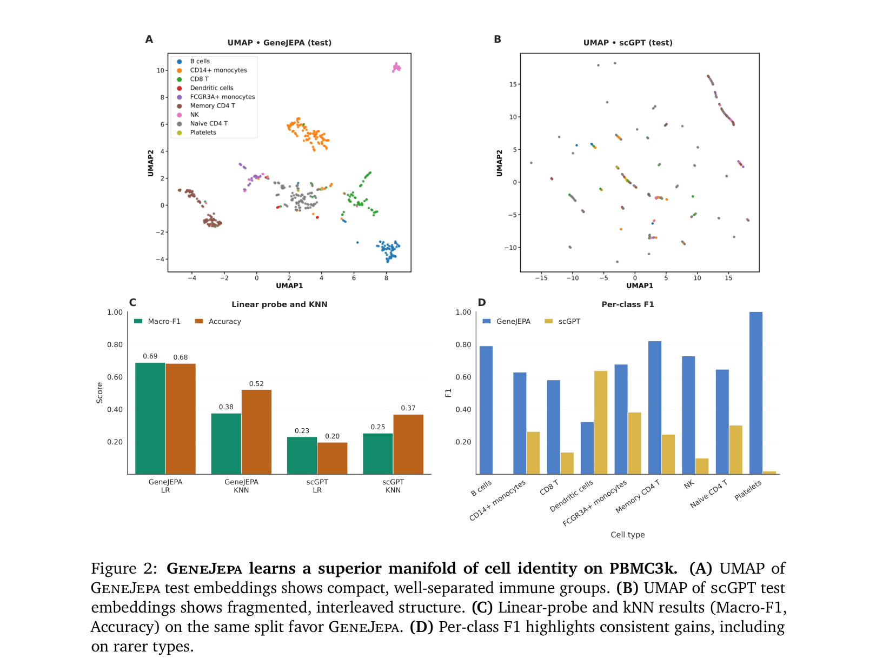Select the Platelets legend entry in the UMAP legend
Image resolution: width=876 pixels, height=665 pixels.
point(197,132)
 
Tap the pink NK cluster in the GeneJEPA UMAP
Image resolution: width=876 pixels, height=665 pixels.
point(396,67)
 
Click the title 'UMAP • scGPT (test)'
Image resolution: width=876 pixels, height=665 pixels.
point(627,43)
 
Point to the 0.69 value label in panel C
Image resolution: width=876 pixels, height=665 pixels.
point(150,356)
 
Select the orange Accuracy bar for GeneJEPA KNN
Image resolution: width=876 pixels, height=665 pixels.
point(256,431)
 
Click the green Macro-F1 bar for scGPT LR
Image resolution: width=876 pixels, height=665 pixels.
point(302,455)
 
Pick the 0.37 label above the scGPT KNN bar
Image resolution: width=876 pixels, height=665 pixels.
point(408,408)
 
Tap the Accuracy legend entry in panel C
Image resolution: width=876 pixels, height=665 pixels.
point(218,321)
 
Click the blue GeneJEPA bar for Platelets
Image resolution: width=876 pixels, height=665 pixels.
point(755,393)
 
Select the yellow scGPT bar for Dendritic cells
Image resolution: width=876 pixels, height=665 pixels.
point(600,422)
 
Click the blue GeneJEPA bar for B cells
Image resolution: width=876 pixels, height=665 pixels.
point(486,410)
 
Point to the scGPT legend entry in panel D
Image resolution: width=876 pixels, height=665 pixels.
point(562,321)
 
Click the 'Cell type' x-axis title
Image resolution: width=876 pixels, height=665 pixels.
point(627,534)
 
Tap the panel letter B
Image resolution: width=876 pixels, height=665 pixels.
point(497,39)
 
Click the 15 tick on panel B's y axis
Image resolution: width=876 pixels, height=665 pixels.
point(513,84)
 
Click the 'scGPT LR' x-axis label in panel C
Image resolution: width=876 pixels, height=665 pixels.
point(317,486)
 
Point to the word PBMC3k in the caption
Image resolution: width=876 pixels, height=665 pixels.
point(643,568)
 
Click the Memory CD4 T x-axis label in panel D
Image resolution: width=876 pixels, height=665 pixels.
point(638,496)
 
